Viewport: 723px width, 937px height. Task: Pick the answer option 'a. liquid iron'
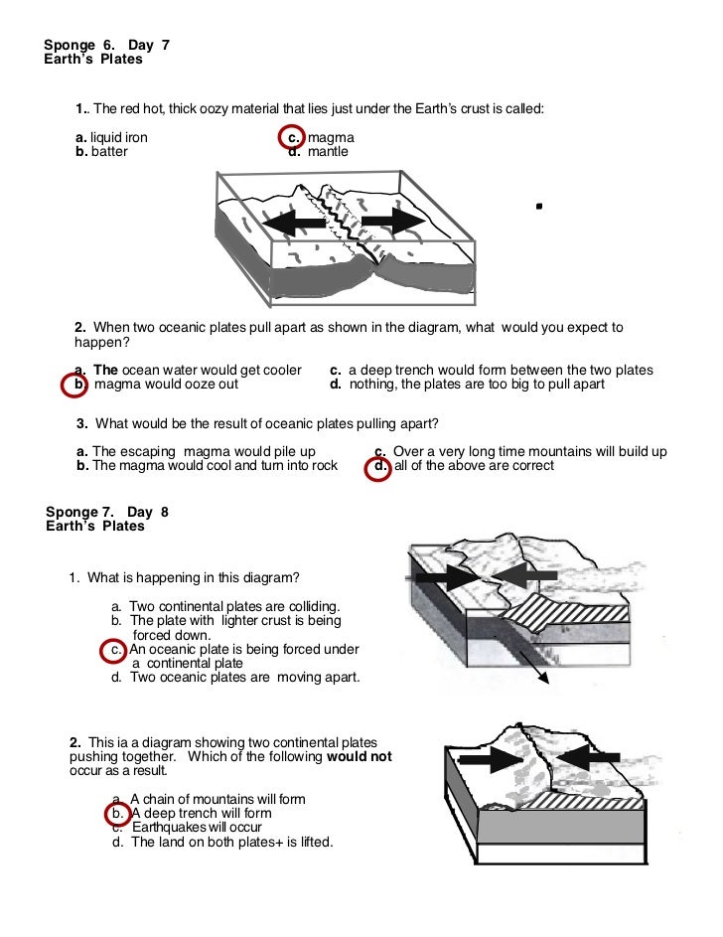point(112,137)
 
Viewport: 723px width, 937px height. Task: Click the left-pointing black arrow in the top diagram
point(295,223)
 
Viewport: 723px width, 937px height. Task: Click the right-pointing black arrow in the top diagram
point(393,222)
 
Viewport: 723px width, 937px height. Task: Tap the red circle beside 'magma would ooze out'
point(76,385)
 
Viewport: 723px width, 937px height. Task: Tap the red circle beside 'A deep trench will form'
point(116,813)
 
